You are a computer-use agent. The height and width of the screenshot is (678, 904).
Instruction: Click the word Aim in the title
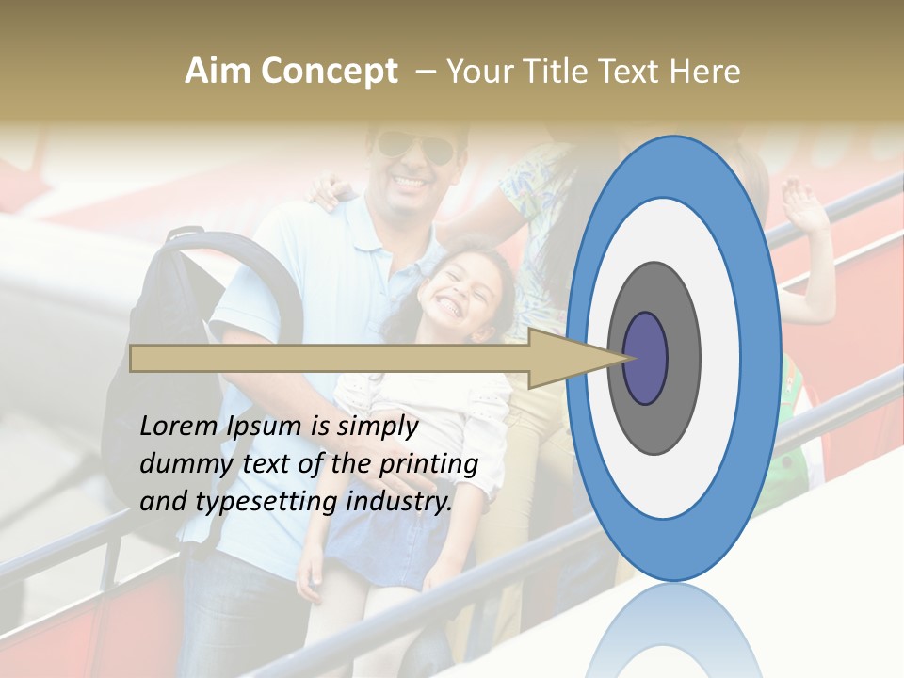point(218,72)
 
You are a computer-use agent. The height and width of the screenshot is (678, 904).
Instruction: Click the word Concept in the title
point(329,72)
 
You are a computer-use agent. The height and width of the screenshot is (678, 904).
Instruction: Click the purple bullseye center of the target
point(645,358)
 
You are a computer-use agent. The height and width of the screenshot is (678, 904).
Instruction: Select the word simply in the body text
point(377,427)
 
